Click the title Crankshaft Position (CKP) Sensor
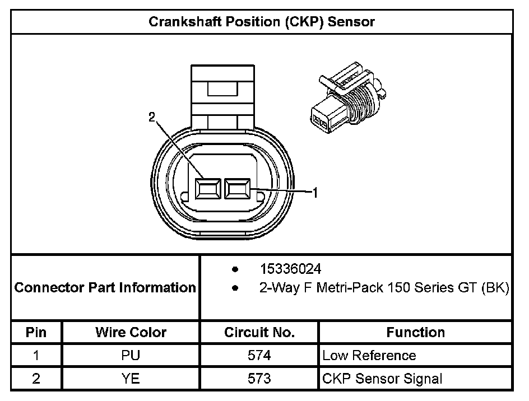coord(262,22)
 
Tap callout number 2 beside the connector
coord(151,117)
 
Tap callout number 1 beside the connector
coord(315,193)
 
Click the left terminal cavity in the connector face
coord(207,189)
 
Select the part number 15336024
coord(290,269)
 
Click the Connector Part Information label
coord(105,288)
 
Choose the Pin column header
coord(36,332)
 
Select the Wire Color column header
coord(131,332)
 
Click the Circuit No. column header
coord(259,332)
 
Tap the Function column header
coord(415,332)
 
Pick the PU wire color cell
coord(131,356)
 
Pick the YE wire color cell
coord(131,379)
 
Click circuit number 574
coord(259,356)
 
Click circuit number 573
coord(259,379)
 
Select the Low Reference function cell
coord(369,356)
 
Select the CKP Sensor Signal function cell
coord(382,379)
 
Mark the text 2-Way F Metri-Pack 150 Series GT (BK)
coord(384,288)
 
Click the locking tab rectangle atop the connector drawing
coord(223,89)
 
